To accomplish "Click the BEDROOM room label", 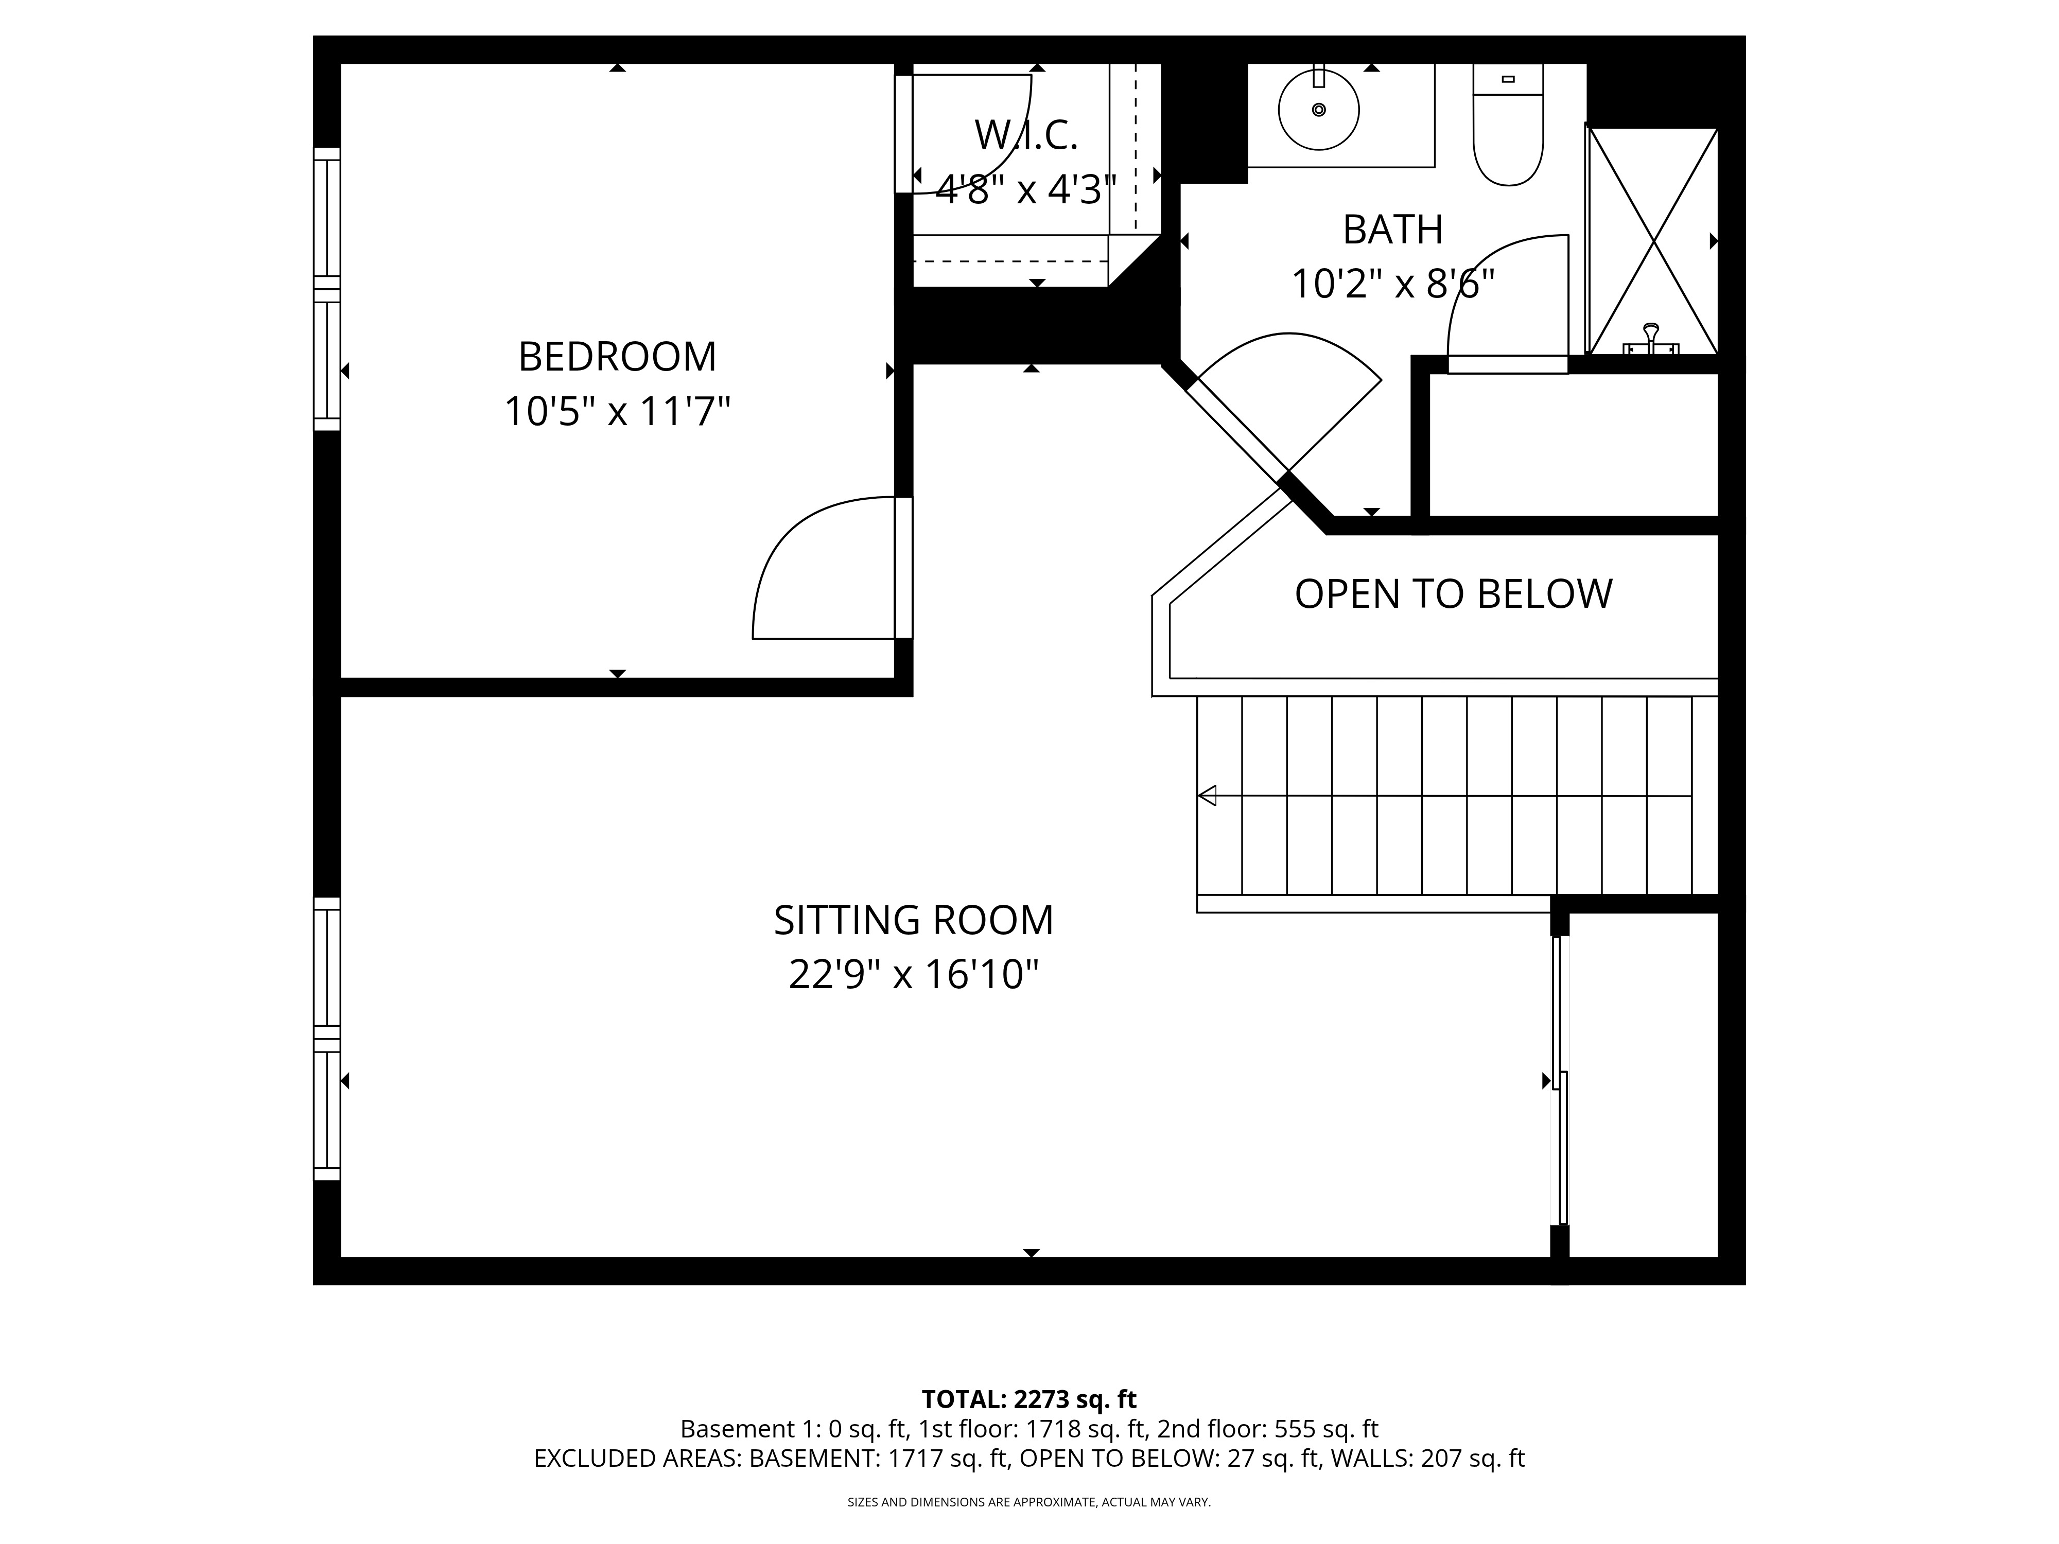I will click(x=617, y=357).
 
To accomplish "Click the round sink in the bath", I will click(x=1318, y=110).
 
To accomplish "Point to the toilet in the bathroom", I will click(x=1508, y=130).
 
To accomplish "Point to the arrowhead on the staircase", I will click(x=1207, y=796).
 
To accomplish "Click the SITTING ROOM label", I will click(x=913, y=920).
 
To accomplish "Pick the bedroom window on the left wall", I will click(x=327, y=289).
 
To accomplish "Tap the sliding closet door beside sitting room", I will click(x=1560, y=1080).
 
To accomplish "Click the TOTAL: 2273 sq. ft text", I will click(x=1028, y=1399).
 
